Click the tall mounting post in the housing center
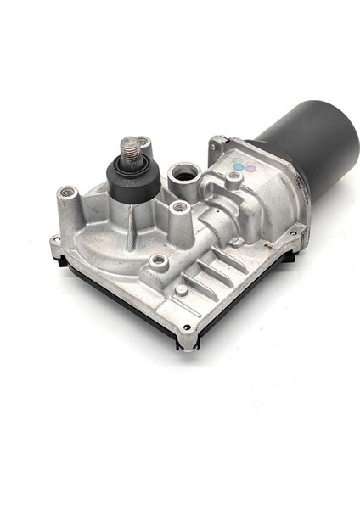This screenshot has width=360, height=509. click(179, 207)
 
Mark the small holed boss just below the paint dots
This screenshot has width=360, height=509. click(233, 177)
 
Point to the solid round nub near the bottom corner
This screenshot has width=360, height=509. click(182, 289)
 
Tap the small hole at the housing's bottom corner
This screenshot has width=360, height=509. click(186, 327)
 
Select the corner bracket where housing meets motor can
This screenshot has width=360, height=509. click(218, 143)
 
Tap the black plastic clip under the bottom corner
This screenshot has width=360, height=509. click(186, 343)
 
